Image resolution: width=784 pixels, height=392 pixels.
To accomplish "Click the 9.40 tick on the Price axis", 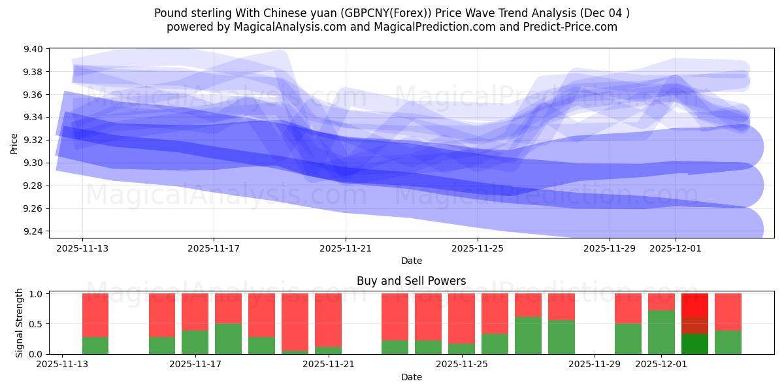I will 33,49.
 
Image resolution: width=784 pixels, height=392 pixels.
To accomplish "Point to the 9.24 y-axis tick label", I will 33,231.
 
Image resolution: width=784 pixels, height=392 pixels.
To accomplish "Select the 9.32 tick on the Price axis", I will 33,140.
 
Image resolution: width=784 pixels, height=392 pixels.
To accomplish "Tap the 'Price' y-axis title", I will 14,142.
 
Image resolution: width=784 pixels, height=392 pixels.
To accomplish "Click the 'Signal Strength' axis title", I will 20,323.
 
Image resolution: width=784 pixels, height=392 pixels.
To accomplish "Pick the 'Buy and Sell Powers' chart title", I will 411,281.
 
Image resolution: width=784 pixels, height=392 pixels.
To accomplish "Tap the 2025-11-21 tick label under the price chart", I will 346,248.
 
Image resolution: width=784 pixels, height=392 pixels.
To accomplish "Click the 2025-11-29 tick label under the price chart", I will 609,248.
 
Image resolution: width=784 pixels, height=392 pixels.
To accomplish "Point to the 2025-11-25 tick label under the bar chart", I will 461,365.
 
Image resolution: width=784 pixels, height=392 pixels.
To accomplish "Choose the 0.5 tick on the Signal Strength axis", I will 36,324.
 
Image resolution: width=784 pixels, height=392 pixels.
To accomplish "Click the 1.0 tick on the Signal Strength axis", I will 36,294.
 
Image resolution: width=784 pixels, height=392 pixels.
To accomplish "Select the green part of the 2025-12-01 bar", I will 661,333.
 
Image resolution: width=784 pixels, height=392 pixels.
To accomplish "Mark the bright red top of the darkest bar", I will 694,305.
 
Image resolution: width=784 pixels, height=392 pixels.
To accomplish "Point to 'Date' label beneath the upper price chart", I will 411,261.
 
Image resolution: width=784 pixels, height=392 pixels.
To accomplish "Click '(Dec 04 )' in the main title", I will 604,13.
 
